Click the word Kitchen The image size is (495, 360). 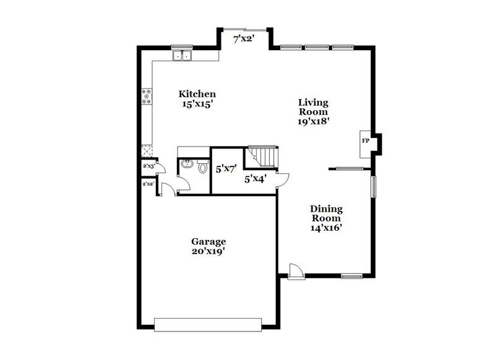(197, 94)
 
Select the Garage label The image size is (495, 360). (208, 241)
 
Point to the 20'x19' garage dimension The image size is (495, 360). (208, 251)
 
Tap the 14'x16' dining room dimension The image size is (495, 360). (326, 228)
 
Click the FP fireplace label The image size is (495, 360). (365, 141)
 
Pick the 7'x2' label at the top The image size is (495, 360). (244, 39)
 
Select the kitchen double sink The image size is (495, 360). (183, 56)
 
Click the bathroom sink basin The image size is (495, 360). (186, 165)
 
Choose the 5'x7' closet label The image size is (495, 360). (226, 168)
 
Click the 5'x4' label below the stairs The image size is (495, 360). (255, 179)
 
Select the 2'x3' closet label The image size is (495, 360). (148, 166)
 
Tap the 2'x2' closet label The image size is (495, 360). (148, 184)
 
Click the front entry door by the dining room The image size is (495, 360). (295, 271)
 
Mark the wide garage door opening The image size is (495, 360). (208, 324)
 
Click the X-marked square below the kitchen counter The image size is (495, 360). (147, 150)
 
